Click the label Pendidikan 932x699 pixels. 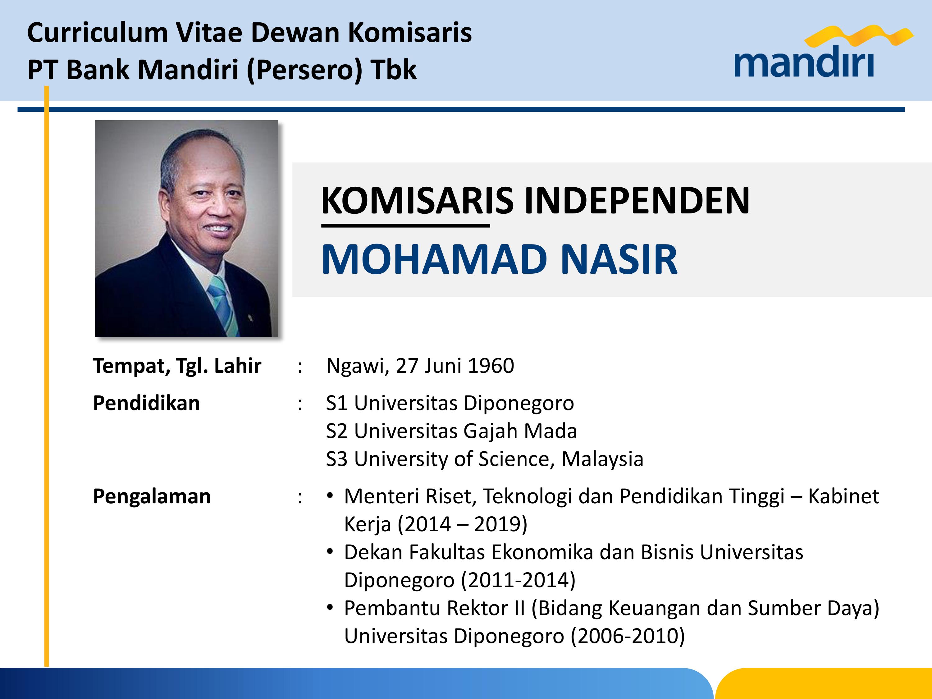click(x=146, y=403)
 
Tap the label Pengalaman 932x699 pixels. click(x=152, y=497)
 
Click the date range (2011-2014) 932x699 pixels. click(x=518, y=580)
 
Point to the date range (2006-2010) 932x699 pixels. click(x=628, y=636)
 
